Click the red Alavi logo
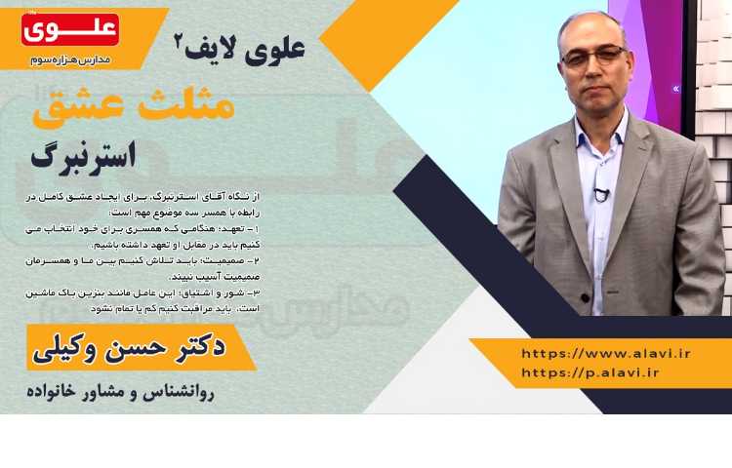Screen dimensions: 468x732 point(69,29)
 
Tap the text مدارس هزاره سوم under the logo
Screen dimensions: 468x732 point(71,58)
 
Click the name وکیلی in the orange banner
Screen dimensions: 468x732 point(72,348)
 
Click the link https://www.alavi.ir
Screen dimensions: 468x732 point(606,353)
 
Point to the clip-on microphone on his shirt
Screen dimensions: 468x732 point(602,194)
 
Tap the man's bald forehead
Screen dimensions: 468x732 point(590,32)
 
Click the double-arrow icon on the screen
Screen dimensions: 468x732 point(675,88)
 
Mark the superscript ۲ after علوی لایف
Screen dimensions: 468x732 point(179,42)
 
